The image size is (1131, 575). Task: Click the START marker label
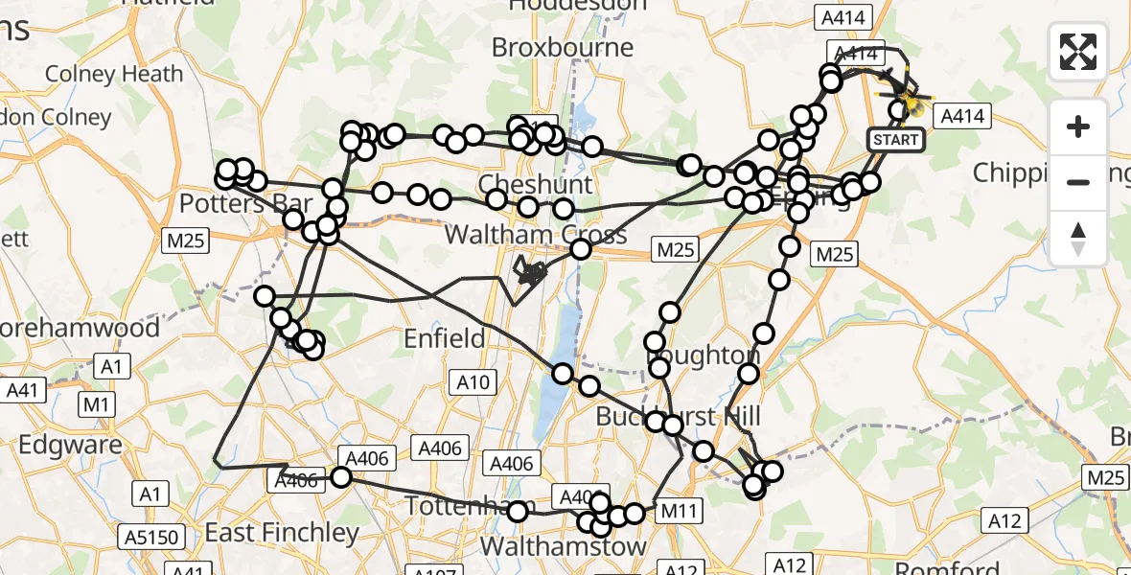(x=896, y=140)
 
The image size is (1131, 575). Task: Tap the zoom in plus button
(x=1078, y=126)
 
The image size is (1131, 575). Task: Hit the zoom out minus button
(x=1078, y=181)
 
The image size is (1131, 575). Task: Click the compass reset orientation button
(x=1078, y=238)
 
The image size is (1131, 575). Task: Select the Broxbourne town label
(x=563, y=47)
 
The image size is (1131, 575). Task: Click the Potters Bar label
(x=246, y=204)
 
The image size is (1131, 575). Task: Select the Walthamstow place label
(x=563, y=546)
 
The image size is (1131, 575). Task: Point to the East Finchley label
(x=282, y=533)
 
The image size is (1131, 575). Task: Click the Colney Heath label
(x=114, y=74)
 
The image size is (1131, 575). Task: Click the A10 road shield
(x=473, y=383)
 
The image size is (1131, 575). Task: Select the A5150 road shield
(x=155, y=537)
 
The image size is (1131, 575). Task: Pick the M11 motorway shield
(x=679, y=511)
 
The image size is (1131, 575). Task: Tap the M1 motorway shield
(x=95, y=405)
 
